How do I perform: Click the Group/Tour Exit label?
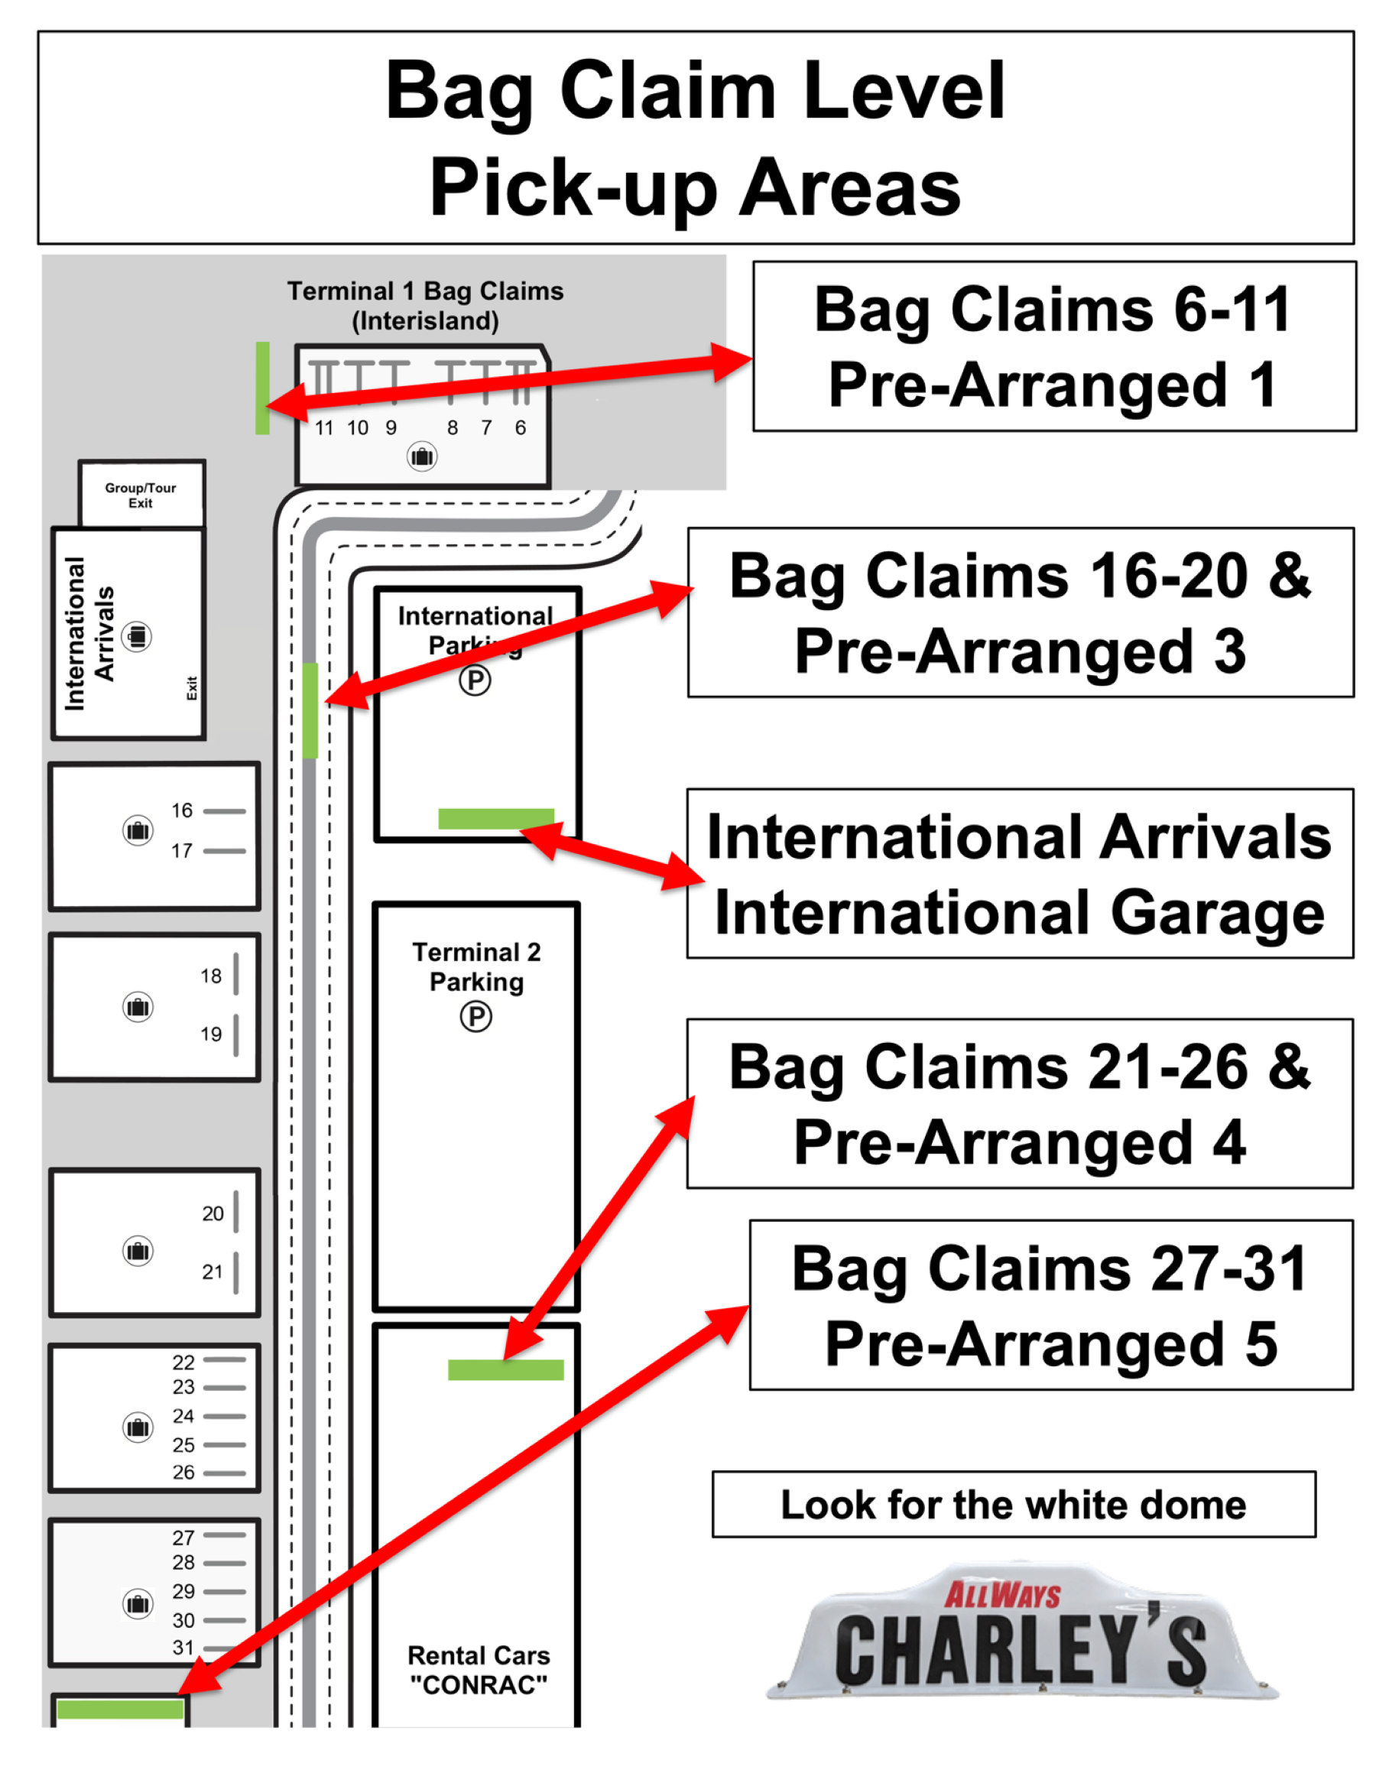tap(141, 495)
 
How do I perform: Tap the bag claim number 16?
tap(182, 810)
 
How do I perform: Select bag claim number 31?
tap(183, 1648)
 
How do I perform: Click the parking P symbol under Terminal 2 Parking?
tap(475, 1016)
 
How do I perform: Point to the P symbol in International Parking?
tap(475, 680)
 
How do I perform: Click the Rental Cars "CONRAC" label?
tap(479, 1670)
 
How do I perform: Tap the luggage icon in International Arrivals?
tap(137, 636)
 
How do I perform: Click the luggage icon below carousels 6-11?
tap(422, 456)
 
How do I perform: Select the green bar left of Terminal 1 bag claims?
tap(262, 388)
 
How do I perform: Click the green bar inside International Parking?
tap(495, 818)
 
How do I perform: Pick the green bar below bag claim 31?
tap(120, 1709)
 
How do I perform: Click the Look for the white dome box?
tap(1014, 1505)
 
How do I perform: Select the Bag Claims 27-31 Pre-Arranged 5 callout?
tap(1051, 1305)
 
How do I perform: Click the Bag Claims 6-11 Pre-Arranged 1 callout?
tap(1054, 346)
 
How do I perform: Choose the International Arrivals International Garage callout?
tap(1021, 874)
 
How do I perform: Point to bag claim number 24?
tap(183, 1416)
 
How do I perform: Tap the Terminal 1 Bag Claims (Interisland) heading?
tap(425, 305)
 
